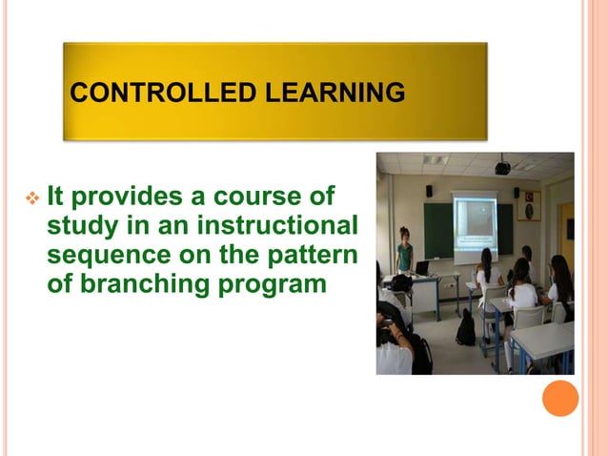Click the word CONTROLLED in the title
[145, 93]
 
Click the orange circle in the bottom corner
[560, 398]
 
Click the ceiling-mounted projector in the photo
[502, 169]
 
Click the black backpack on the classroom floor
[465, 329]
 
